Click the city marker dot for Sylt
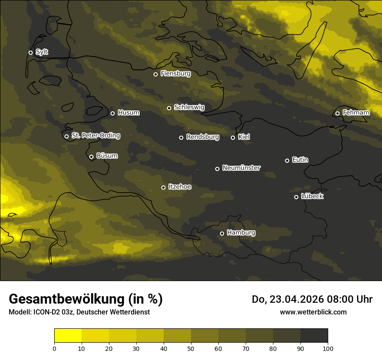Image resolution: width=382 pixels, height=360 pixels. [30, 52]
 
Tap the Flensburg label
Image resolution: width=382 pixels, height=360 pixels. [175, 74]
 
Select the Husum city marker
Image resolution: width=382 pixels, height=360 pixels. [112, 113]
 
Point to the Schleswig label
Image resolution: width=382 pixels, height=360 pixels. [189, 107]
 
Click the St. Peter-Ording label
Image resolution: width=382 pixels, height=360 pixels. [95, 136]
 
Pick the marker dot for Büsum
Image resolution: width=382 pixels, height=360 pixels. [91, 157]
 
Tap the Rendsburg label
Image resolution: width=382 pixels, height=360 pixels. [202, 137]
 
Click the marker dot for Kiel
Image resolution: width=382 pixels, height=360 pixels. [233, 137]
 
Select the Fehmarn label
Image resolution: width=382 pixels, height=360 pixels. [356, 113]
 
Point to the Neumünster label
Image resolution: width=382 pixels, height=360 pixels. [241, 168]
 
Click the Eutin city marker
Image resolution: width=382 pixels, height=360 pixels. [287, 160]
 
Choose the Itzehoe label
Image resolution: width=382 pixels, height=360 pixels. [180, 187]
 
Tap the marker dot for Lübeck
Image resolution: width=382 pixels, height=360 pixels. [296, 197]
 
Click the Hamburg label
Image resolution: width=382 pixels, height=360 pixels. [241, 233]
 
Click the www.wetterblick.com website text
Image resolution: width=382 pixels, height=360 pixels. [313, 312]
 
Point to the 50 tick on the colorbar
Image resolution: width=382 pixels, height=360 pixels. [191, 348]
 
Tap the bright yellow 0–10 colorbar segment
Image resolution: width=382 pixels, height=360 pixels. [68, 335]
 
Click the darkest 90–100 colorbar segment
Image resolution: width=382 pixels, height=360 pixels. [314, 335]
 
